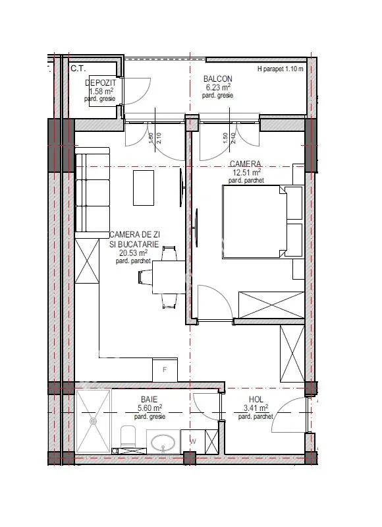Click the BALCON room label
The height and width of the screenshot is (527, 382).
217,79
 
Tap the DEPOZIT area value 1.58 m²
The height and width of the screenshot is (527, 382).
101,91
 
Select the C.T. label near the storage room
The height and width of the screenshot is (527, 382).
78,69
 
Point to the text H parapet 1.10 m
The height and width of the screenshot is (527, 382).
281,69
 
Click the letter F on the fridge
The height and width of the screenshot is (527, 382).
165,370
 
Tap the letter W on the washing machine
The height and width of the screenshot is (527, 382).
193,441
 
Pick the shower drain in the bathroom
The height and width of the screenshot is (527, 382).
93,421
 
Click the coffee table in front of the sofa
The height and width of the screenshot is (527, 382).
144,188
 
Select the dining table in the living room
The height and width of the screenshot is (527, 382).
169,277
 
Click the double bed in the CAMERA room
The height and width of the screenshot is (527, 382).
263,222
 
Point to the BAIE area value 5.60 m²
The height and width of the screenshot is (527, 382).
150,408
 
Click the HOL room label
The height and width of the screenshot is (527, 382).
256,400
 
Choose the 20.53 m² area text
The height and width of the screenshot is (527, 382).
134,253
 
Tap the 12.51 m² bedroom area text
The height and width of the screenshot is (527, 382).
247,173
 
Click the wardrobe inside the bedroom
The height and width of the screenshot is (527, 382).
271,305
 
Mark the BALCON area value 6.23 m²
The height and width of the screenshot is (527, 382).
218,87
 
